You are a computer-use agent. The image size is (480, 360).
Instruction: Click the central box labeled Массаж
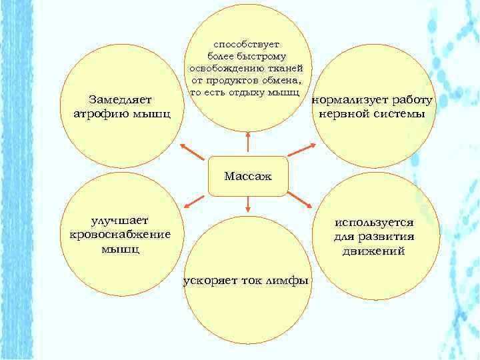tap(248, 176)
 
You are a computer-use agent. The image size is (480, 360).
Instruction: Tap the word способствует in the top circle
tap(247, 43)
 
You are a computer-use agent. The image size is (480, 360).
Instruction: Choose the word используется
tap(374, 223)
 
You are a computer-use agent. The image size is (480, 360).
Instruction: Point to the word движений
tap(374, 251)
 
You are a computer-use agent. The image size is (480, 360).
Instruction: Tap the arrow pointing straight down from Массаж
tap(248, 205)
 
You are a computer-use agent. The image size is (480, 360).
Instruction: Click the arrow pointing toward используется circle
tap(303, 201)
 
